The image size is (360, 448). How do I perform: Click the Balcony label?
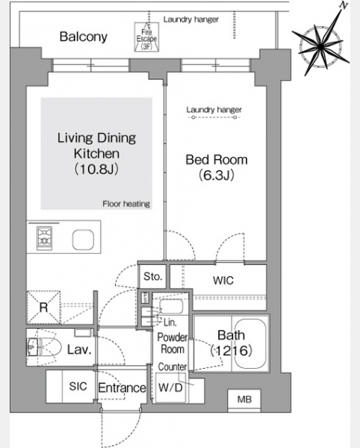coord(84,37)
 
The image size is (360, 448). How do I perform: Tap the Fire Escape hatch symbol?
coord(146,37)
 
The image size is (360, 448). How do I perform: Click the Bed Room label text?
coord(217,160)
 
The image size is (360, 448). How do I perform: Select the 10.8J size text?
coord(96,169)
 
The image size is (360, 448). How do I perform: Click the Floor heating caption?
coord(126,204)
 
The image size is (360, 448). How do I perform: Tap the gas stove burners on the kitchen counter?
coord(44,238)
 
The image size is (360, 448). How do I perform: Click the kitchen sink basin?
coord(83,240)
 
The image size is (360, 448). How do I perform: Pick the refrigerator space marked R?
coord(43,308)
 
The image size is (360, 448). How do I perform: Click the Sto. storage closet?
coord(152,276)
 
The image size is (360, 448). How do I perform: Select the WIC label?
coord(223,281)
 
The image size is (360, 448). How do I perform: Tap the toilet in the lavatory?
coord(44,347)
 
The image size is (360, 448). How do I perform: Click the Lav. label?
coord(79,349)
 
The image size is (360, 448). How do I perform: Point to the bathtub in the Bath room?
coord(251,343)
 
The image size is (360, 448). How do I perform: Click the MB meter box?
coord(244,399)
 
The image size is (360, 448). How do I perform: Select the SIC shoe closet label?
coord(78,387)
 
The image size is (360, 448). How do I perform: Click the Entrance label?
coord(122,388)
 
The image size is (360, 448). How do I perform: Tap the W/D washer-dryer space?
coord(170,388)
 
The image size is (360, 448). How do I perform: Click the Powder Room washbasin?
coord(171,306)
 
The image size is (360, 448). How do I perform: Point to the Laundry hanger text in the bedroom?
coord(214,110)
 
